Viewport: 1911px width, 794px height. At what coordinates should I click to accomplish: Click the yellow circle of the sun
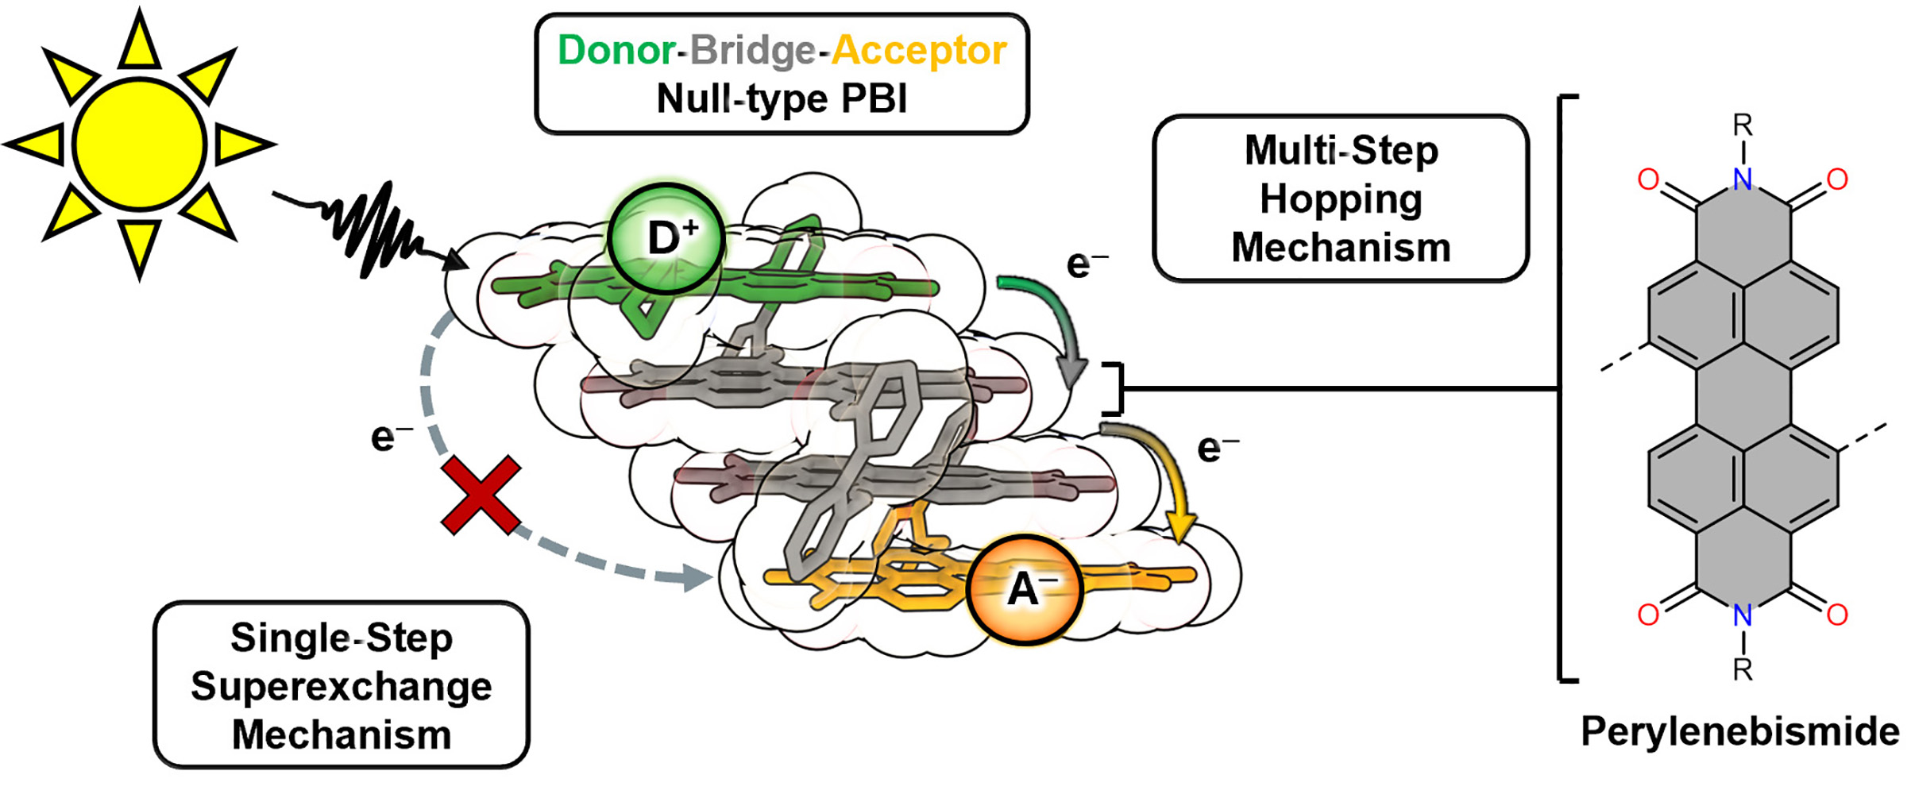140,145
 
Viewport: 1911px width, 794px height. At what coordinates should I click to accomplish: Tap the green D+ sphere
666,238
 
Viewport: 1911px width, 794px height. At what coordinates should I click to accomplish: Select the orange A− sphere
1025,588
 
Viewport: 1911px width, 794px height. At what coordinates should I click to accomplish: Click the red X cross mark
481,494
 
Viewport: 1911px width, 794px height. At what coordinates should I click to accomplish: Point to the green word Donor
616,50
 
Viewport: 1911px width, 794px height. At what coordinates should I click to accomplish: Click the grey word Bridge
752,50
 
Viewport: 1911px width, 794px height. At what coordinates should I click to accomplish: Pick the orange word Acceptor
919,50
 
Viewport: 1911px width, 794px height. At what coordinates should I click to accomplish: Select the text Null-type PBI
782,99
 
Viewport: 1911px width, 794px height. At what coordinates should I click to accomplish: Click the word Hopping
1341,199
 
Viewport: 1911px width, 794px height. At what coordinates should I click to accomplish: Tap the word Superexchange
342,686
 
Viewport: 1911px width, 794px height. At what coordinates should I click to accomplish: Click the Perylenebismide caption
1739,730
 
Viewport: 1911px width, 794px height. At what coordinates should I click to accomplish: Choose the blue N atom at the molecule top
1743,179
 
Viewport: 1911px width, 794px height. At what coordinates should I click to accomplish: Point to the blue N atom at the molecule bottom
1743,615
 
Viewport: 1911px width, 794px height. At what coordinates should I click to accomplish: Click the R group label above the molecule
1743,125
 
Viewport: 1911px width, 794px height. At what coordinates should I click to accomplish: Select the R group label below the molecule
1743,669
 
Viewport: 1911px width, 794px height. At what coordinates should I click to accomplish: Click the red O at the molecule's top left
1648,179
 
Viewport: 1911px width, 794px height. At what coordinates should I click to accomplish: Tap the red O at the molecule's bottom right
1837,615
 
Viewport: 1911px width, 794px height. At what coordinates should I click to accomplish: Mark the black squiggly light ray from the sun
373,226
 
